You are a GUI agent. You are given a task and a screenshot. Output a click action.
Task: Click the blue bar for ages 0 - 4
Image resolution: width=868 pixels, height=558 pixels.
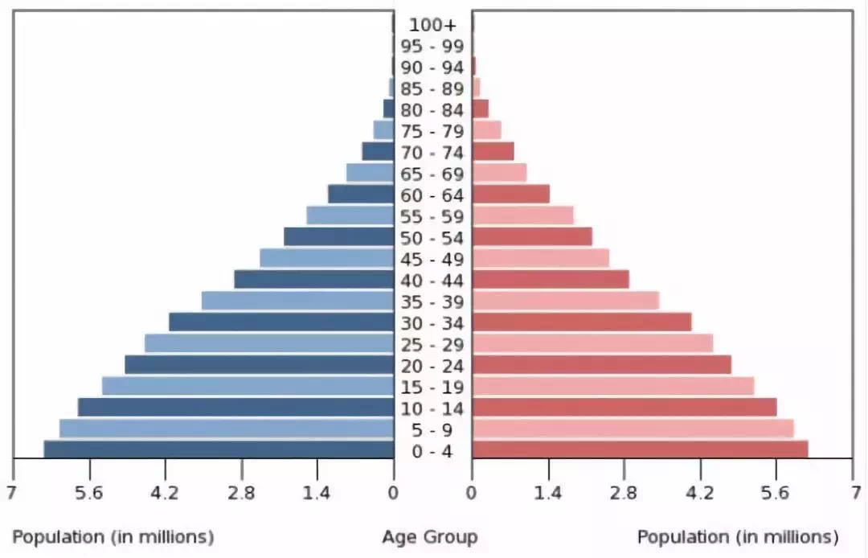[219, 449]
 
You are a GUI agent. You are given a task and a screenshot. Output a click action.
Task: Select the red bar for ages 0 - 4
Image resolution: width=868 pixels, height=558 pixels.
[640, 449]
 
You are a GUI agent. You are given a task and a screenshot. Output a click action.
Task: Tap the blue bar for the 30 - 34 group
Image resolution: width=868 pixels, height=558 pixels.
[281, 322]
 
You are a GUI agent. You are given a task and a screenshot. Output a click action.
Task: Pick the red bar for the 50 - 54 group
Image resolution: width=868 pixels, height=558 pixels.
[532, 236]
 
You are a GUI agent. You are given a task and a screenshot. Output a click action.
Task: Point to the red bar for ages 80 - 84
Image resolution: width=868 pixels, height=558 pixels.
[481, 109]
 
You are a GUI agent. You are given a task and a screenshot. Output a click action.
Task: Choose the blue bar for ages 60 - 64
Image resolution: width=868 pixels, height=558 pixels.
[361, 194]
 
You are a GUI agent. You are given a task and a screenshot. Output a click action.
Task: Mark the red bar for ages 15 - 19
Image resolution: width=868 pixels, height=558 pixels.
[613, 386]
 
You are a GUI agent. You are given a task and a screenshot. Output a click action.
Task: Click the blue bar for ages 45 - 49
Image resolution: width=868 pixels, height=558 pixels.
[326, 258]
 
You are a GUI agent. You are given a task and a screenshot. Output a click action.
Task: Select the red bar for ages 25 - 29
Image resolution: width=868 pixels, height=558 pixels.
[592, 343]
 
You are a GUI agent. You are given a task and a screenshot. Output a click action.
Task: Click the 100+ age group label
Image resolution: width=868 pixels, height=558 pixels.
[432, 25]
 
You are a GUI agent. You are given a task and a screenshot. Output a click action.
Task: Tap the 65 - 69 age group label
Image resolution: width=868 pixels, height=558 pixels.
[432, 174]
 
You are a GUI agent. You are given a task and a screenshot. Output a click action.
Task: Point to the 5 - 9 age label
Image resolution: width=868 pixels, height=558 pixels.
[432, 430]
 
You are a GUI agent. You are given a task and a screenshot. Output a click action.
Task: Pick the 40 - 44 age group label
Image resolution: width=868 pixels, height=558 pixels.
[432, 281]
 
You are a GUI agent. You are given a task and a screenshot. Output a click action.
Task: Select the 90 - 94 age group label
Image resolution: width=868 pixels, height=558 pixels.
[432, 68]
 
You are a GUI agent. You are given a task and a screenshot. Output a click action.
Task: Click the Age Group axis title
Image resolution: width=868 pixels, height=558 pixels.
[429, 536]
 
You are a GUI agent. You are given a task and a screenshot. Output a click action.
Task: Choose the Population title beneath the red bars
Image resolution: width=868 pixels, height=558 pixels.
[737, 536]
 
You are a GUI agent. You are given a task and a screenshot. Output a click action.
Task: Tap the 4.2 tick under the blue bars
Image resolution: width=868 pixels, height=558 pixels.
[165, 493]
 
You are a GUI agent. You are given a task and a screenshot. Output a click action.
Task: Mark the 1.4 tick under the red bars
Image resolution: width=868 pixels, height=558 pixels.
[548, 493]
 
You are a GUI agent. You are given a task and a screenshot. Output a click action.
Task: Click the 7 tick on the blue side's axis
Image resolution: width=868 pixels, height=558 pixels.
[11, 493]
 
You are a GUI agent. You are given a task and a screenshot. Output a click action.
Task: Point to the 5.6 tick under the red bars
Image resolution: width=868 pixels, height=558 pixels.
[776, 493]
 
